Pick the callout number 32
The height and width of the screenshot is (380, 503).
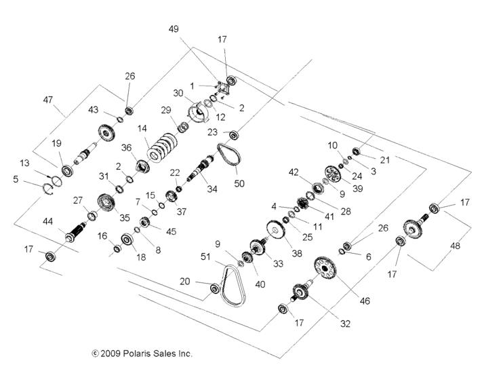point(345,324)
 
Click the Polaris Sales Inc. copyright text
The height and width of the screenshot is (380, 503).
point(142,354)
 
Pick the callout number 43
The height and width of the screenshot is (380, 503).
point(93,109)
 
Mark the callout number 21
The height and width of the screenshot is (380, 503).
point(385,159)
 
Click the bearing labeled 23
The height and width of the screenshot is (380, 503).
point(234,134)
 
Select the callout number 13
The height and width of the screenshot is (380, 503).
point(25,163)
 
